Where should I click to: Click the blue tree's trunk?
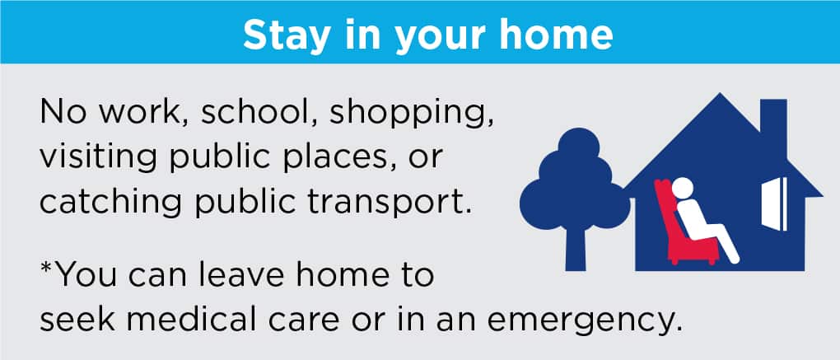coord(576,246)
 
